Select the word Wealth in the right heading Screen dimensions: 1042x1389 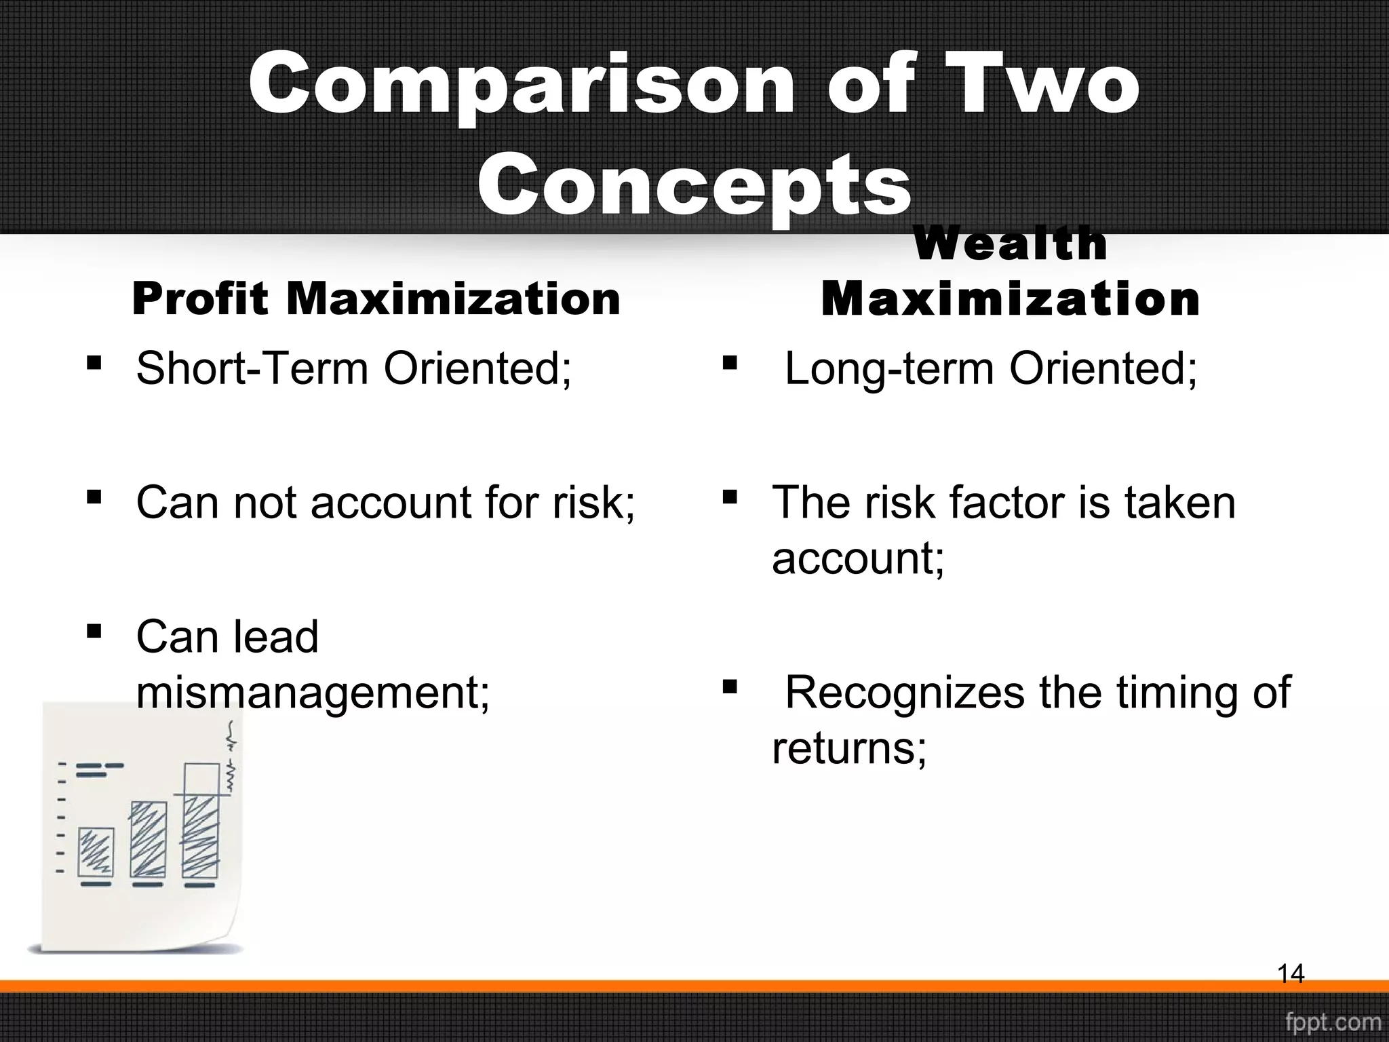click(x=1011, y=244)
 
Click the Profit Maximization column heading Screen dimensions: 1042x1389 click(x=376, y=298)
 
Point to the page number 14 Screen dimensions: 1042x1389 click(x=1291, y=974)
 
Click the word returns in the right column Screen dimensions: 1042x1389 click(x=848, y=749)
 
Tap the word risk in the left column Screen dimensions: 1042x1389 click(x=593, y=503)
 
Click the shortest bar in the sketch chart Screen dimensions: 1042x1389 click(x=96, y=852)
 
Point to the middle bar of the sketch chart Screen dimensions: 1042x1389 click(x=148, y=840)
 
